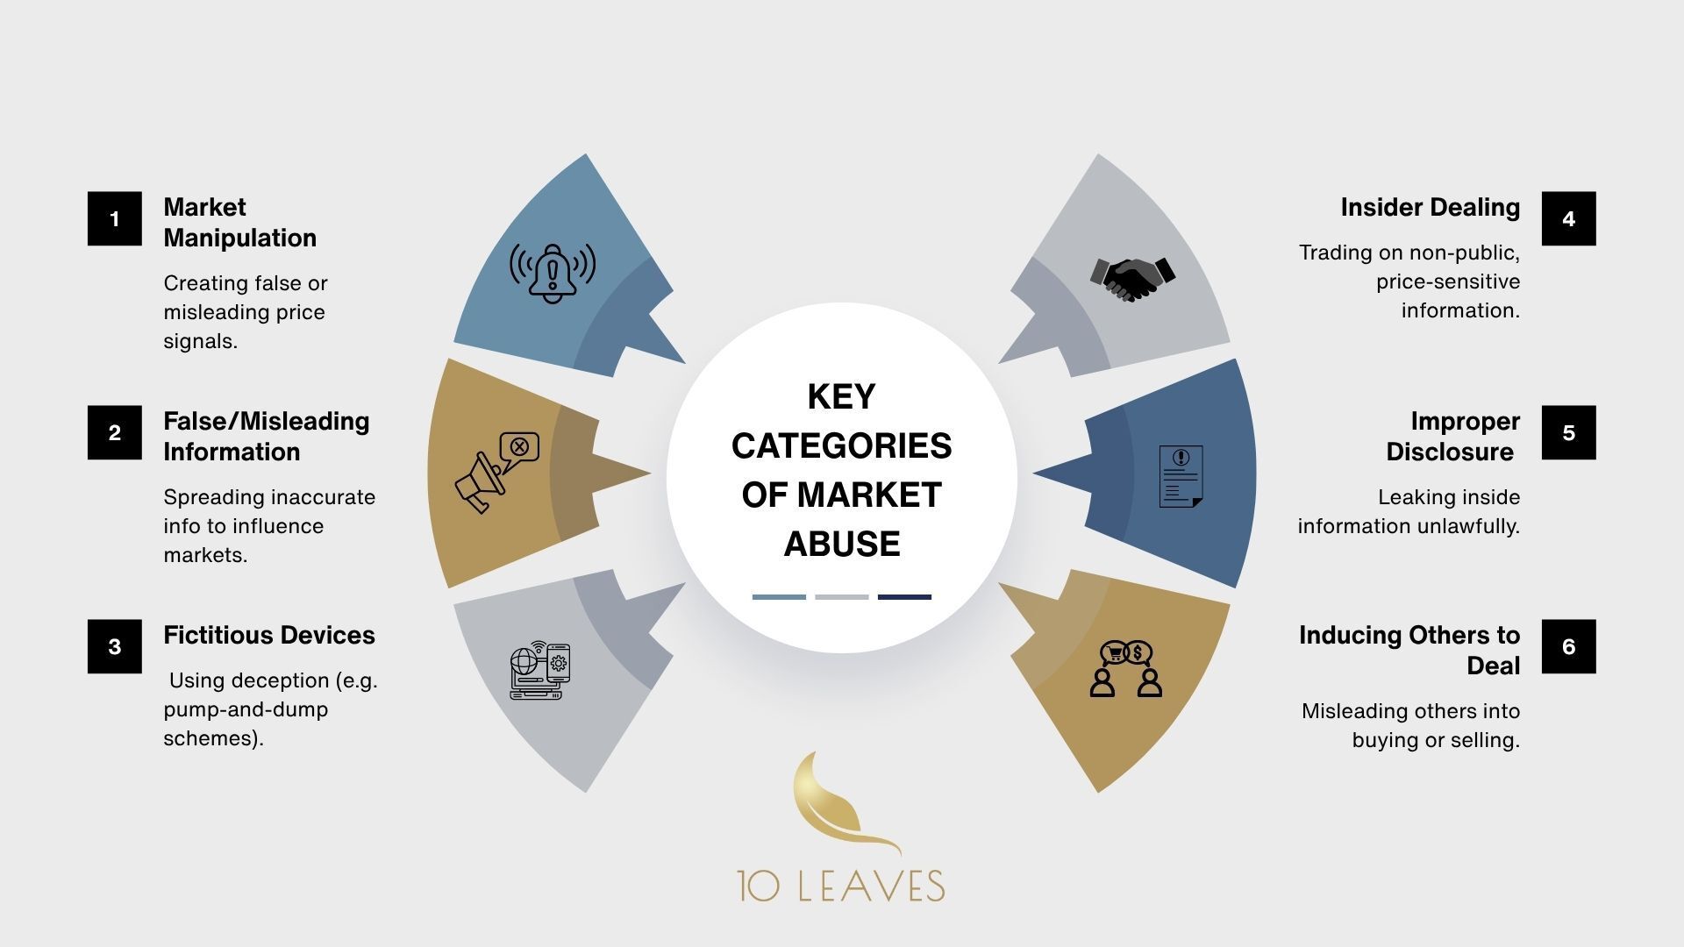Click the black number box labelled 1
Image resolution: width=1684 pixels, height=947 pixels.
(x=114, y=218)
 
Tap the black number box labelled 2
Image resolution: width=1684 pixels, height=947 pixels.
(x=114, y=432)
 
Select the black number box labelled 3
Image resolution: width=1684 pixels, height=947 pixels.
(x=114, y=646)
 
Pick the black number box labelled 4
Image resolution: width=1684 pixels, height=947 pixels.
(x=1568, y=218)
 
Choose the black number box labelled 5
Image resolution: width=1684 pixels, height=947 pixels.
(x=1568, y=432)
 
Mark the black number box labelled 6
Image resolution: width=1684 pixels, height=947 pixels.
(x=1568, y=646)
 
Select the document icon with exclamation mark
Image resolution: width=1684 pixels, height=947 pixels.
(x=1181, y=476)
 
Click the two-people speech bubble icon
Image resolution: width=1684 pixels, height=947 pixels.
(x=1125, y=668)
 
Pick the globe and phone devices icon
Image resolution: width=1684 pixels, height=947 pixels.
(x=539, y=671)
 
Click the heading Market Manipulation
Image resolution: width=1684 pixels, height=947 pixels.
(x=239, y=223)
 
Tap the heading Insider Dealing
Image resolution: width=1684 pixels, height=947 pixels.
(x=1430, y=208)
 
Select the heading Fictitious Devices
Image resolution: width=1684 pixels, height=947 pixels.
(x=268, y=636)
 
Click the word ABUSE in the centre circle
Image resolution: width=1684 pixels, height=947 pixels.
(x=841, y=545)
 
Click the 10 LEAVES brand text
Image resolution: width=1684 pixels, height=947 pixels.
(x=840, y=886)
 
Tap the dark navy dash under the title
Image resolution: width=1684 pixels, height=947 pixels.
(x=904, y=597)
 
